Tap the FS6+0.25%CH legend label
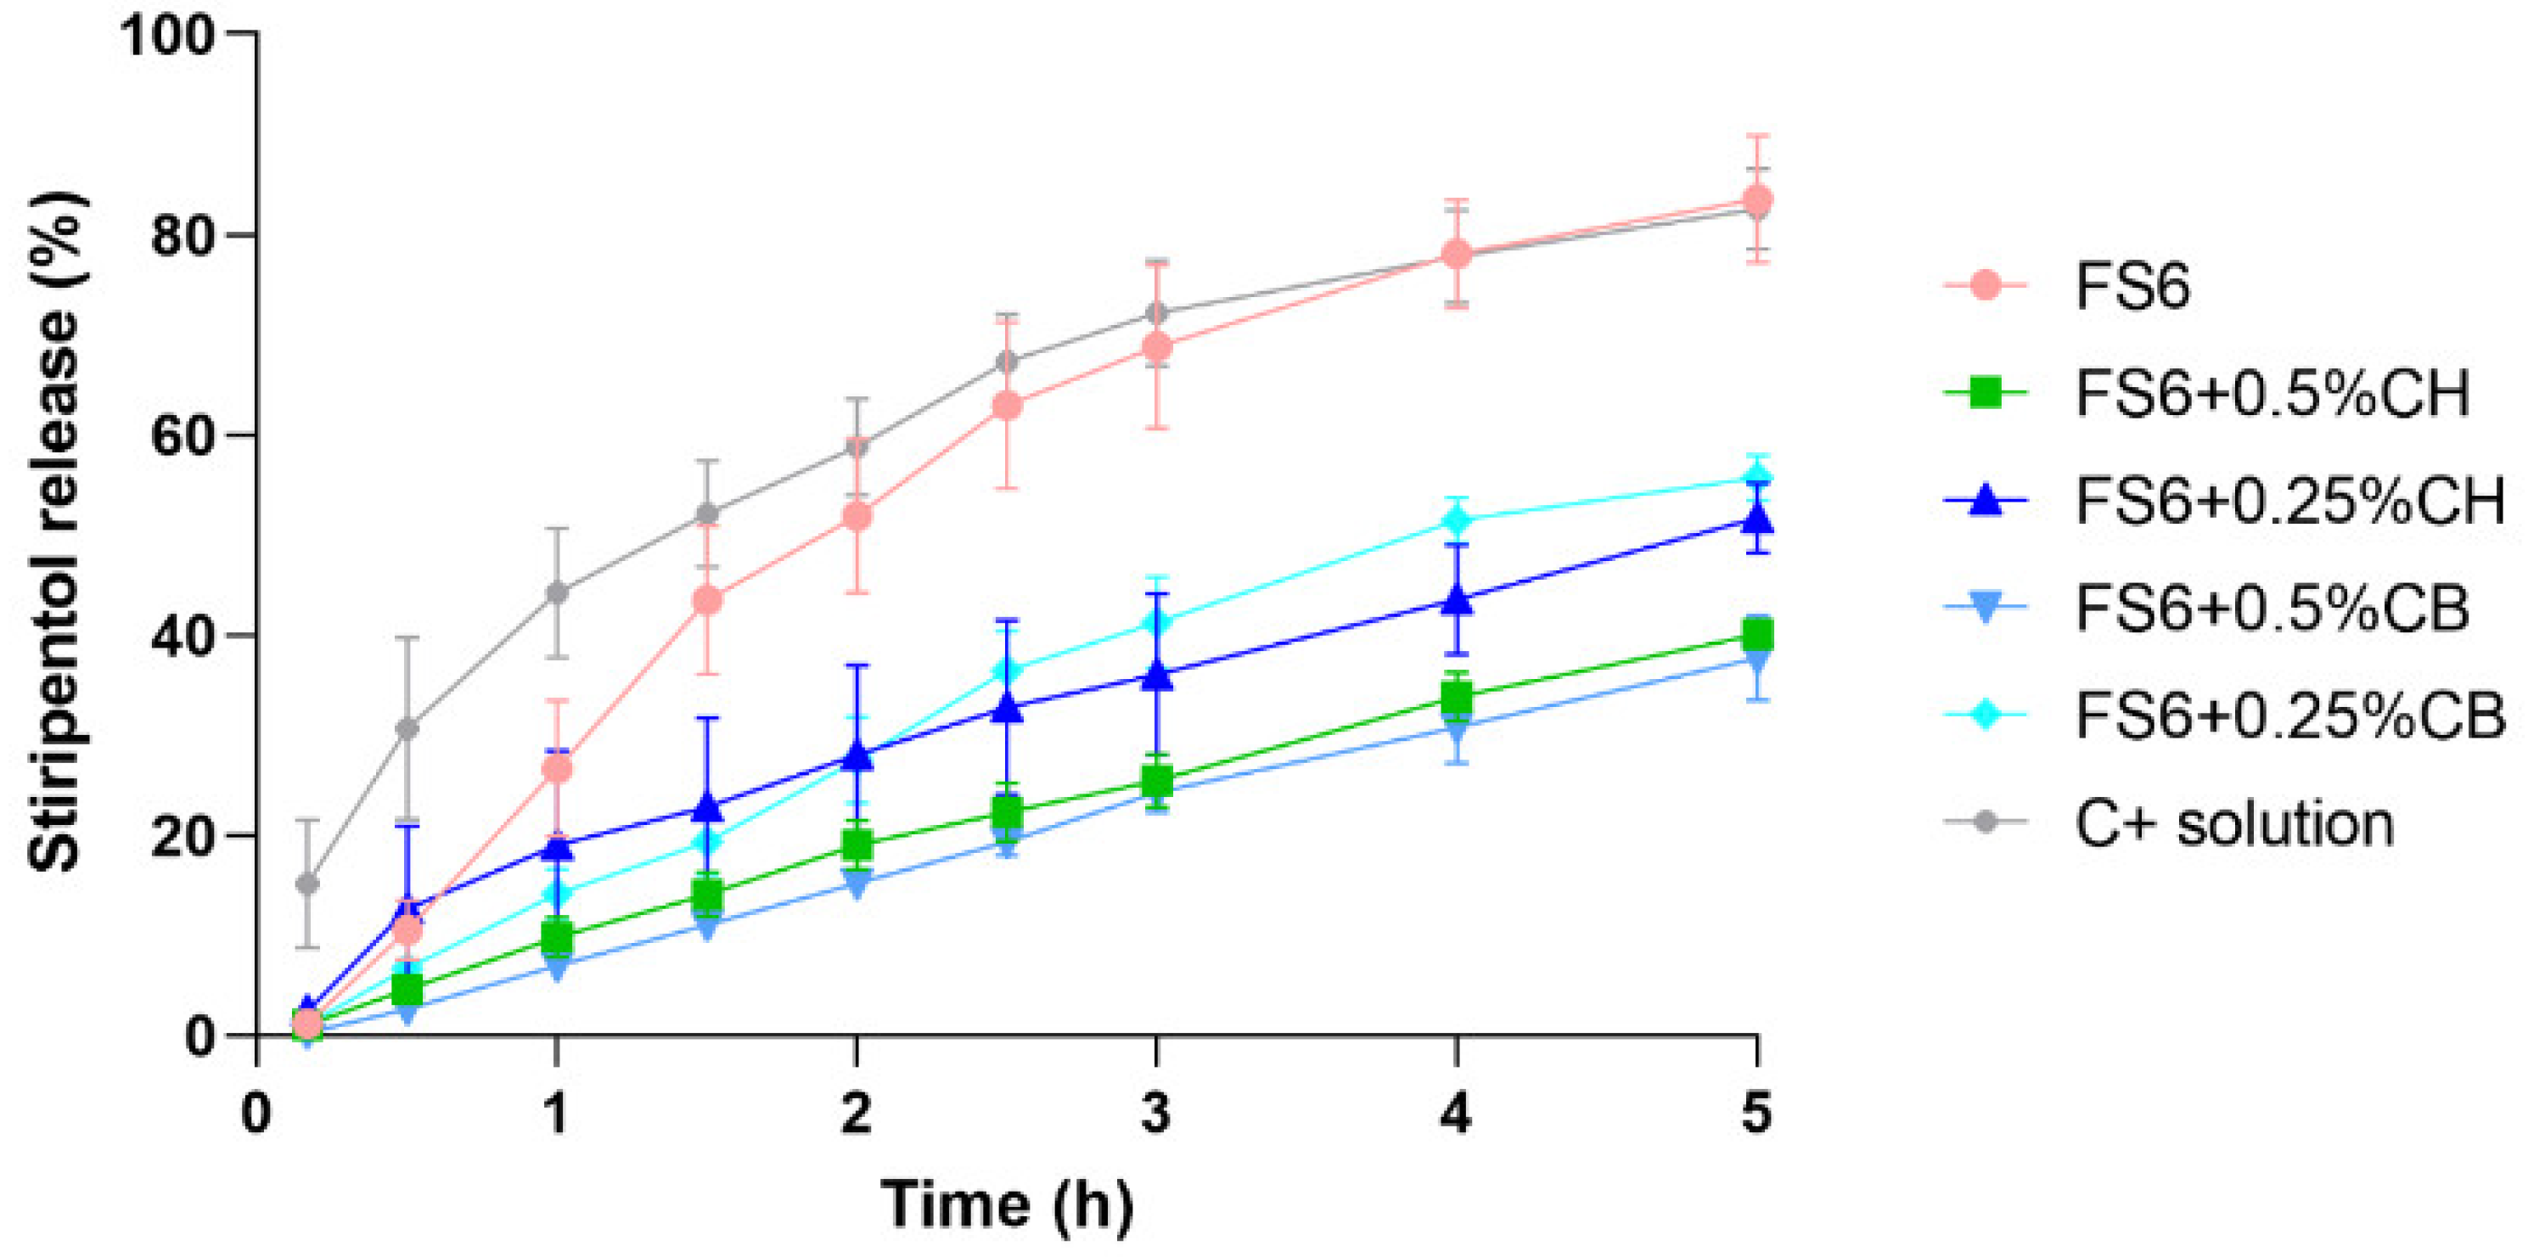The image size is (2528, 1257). click(x=2289, y=502)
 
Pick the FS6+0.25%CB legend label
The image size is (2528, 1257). click(x=2289, y=716)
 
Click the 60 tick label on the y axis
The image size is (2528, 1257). click(x=182, y=436)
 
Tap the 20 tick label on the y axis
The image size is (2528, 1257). click(x=182, y=837)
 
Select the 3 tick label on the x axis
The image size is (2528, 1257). click(x=1156, y=1114)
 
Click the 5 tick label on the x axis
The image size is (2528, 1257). click(x=1756, y=1114)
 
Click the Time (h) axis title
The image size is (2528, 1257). click(x=1007, y=1204)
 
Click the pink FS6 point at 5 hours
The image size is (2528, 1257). click(x=1756, y=199)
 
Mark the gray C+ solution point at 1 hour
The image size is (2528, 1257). click(x=556, y=592)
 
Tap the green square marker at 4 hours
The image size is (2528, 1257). click(x=1457, y=698)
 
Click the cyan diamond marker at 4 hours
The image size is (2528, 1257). click(x=1457, y=519)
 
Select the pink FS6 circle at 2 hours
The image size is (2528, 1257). click(x=857, y=515)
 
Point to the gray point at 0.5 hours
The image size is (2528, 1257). click(x=407, y=728)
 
